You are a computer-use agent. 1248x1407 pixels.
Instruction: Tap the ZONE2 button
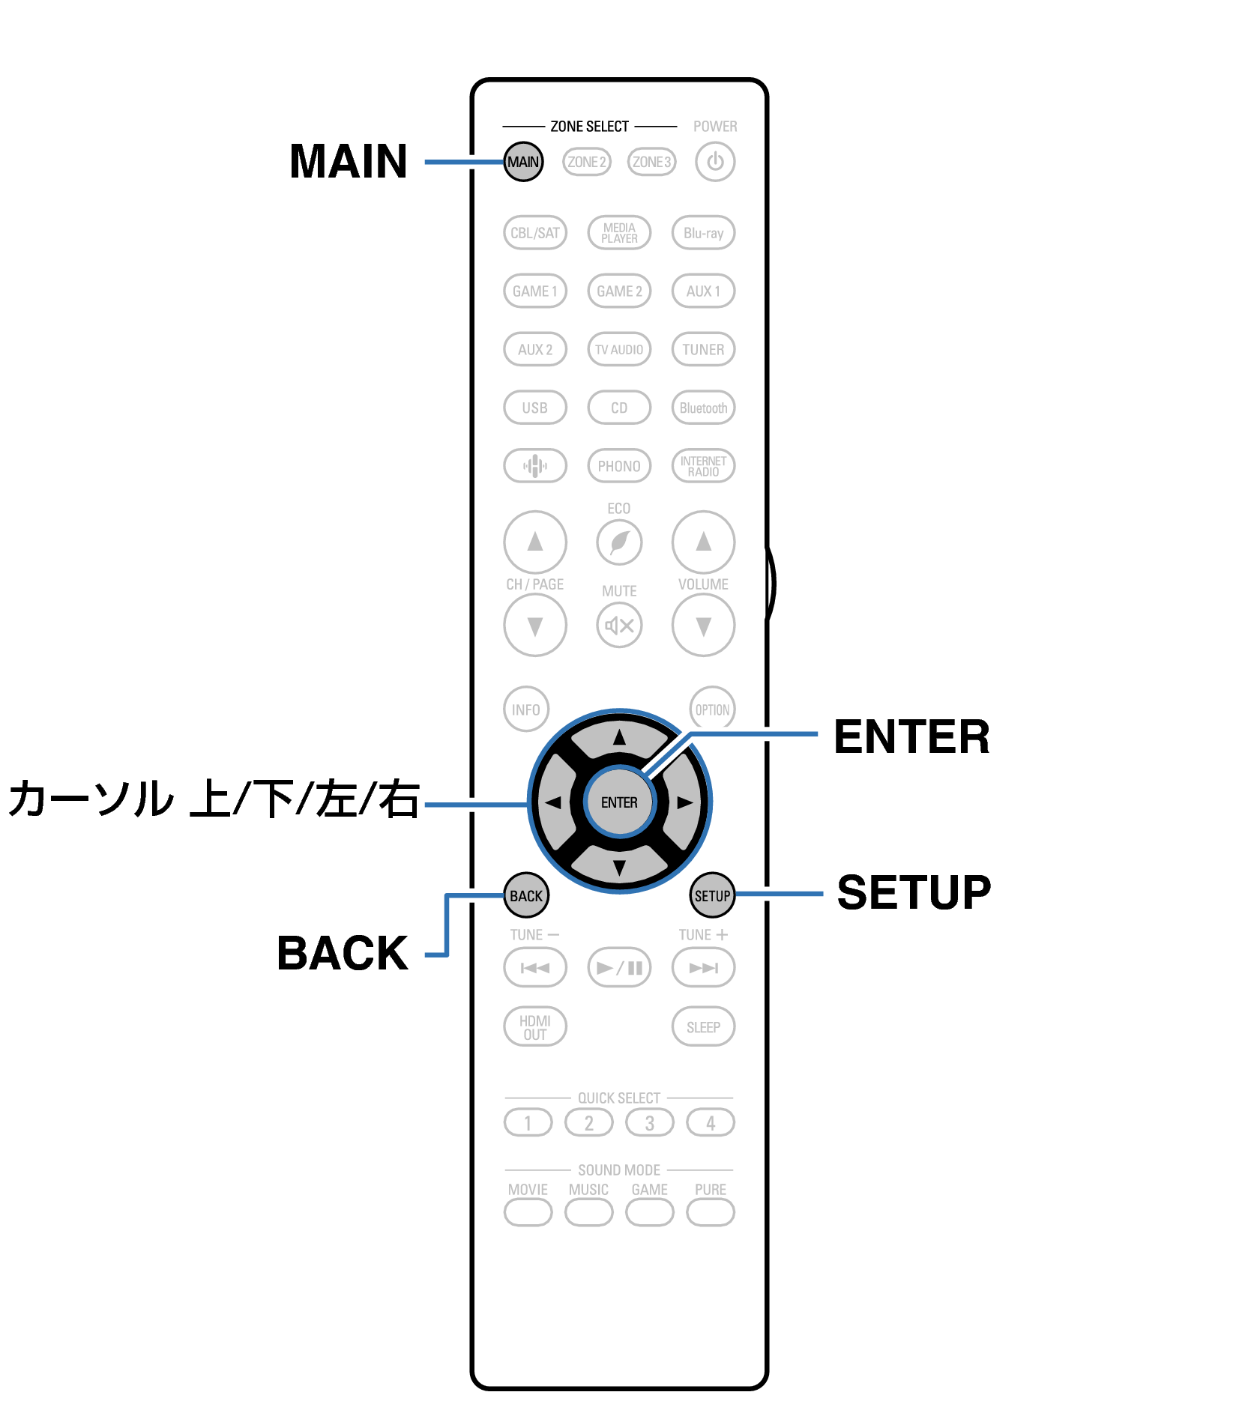tap(586, 162)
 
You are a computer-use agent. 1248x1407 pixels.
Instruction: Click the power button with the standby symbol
tap(714, 162)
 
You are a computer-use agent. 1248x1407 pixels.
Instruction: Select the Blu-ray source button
tap(703, 233)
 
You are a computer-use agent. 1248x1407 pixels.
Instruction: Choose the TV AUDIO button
tap(619, 350)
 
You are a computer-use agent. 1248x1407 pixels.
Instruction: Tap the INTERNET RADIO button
tap(703, 466)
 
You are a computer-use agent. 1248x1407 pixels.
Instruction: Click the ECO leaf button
tap(619, 542)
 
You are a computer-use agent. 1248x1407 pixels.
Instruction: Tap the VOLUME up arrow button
tap(703, 542)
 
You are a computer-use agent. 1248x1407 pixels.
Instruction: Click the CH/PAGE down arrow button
tap(534, 626)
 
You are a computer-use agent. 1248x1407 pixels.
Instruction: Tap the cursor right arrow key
tap(684, 802)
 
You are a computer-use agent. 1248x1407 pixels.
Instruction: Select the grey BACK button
tap(526, 896)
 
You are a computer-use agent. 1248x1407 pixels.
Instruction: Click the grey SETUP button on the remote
tap(712, 896)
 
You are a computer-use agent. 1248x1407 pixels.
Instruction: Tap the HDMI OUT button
tap(534, 1027)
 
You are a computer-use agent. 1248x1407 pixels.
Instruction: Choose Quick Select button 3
tap(649, 1123)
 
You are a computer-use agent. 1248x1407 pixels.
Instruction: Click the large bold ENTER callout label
tap(911, 737)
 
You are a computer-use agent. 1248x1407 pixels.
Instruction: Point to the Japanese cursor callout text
tap(214, 799)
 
